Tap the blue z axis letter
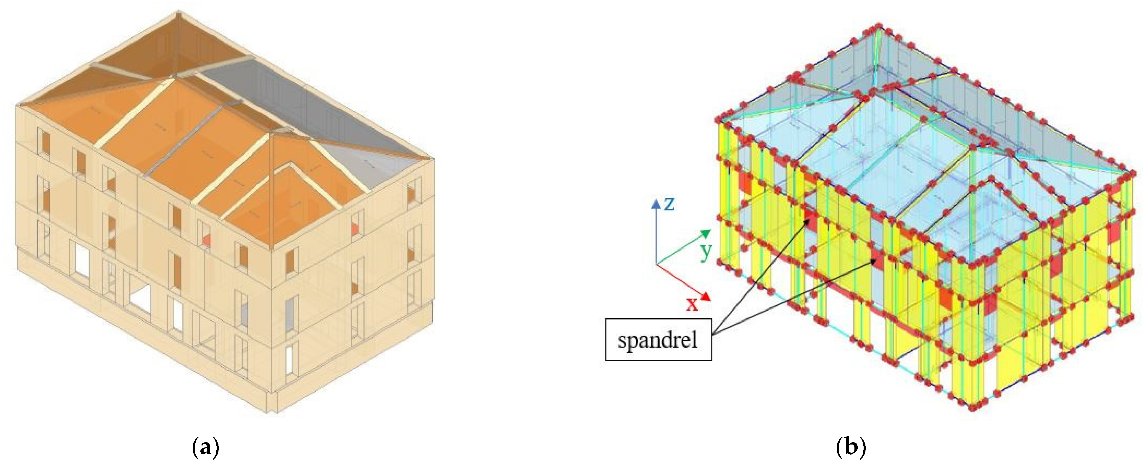pos(669,204)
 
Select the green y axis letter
pos(706,251)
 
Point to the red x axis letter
pos(692,304)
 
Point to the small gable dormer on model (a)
pos(291,195)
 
